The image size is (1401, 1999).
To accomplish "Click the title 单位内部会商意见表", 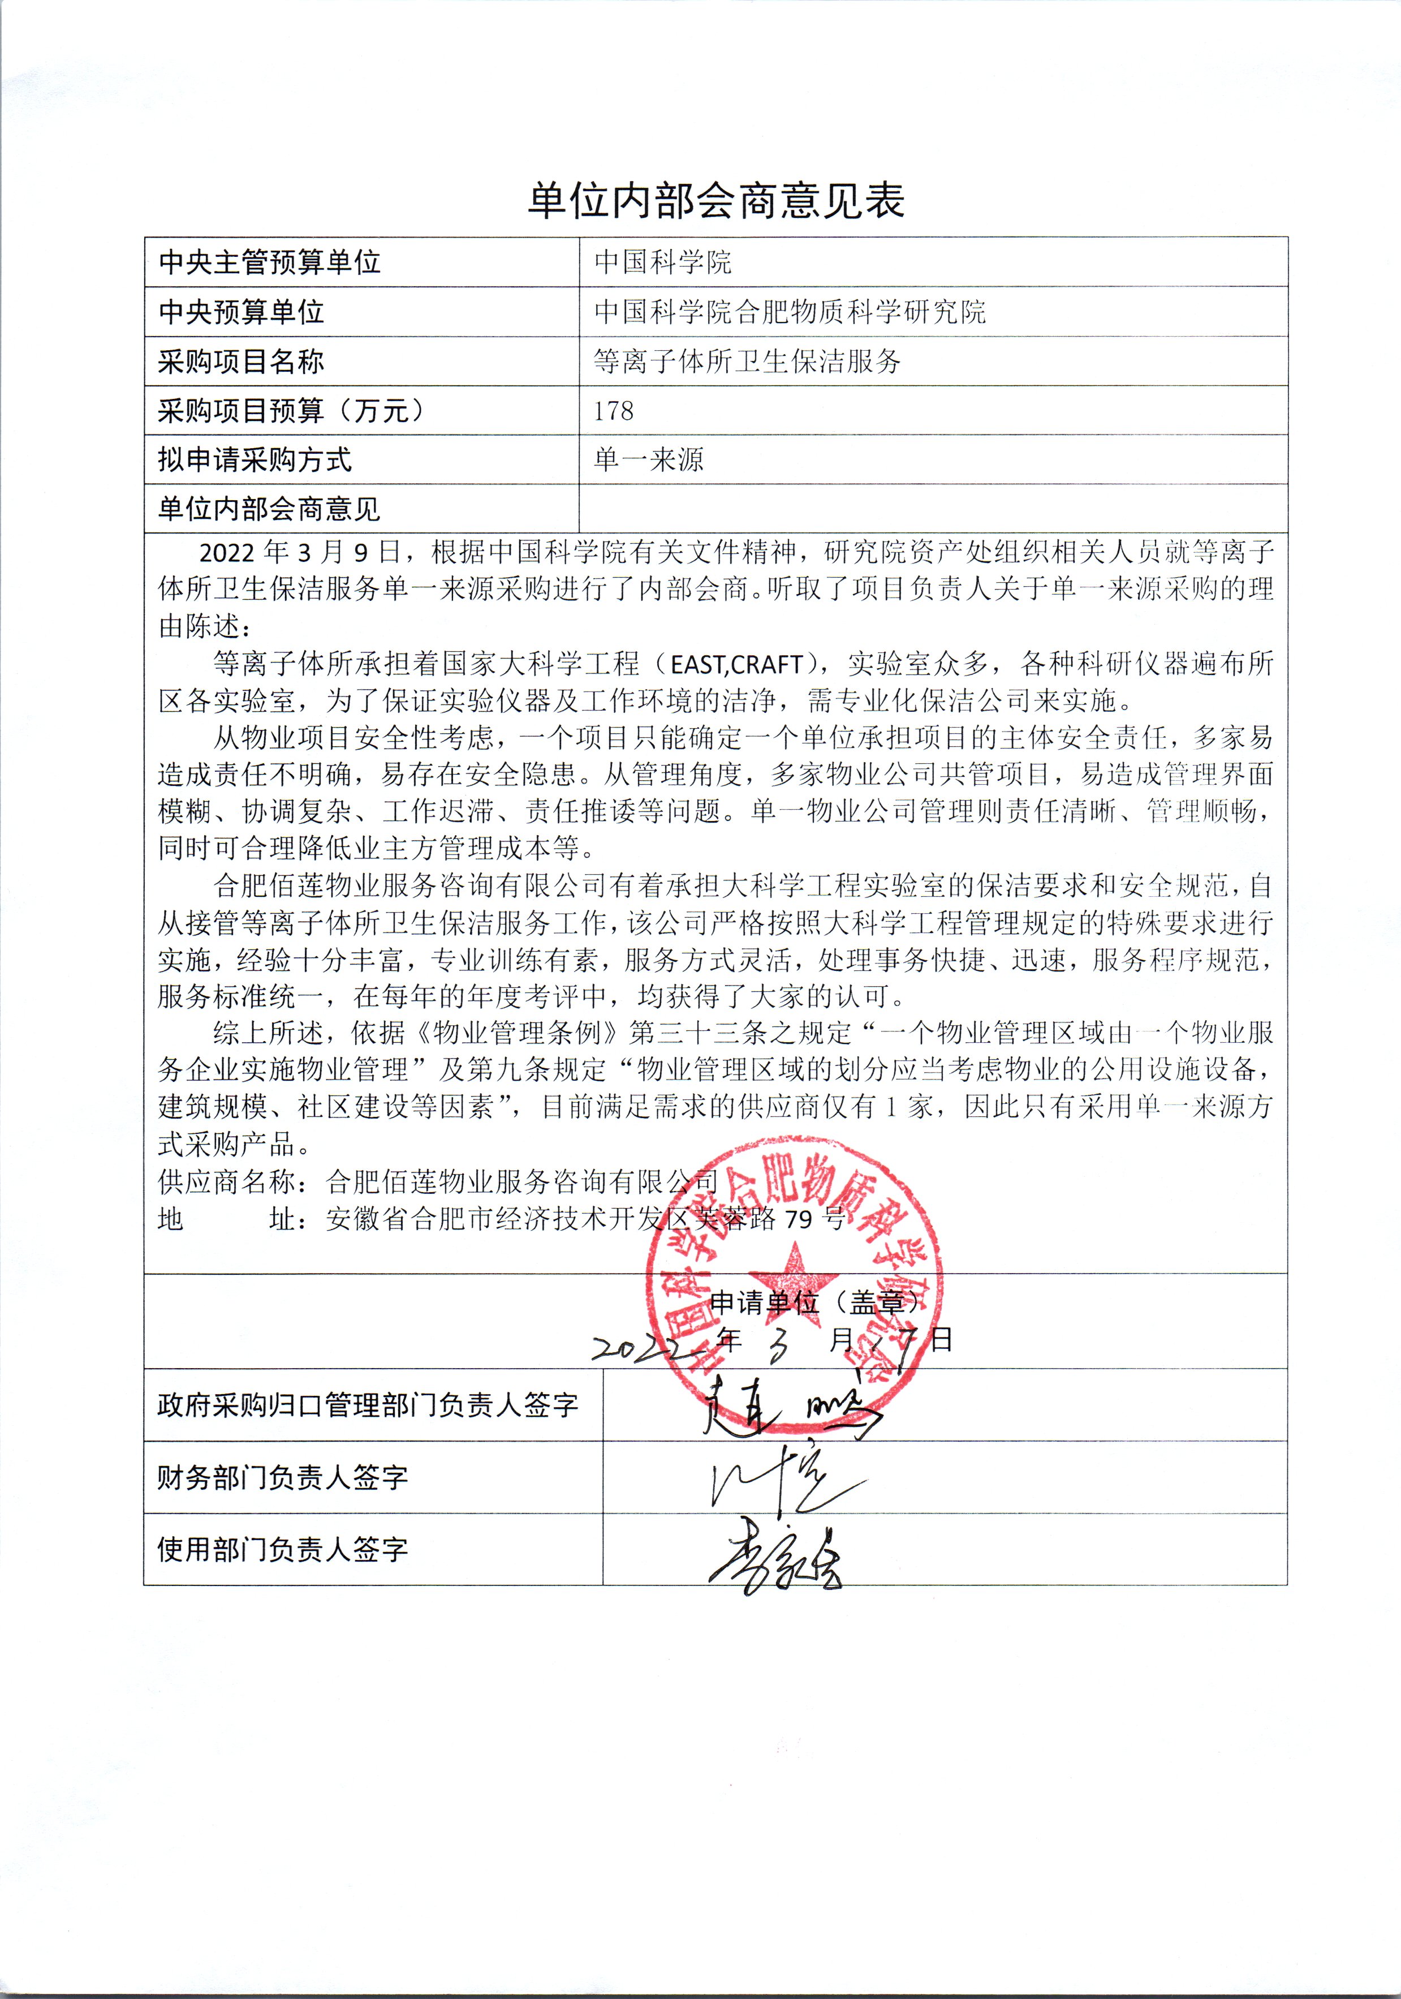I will tap(716, 201).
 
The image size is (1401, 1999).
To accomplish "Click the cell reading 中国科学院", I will tap(662, 262).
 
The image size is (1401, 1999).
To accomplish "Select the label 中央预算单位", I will tap(241, 312).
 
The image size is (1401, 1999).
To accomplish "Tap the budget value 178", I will tap(614, 410).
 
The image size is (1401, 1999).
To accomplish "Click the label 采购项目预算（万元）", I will tap(291, 410).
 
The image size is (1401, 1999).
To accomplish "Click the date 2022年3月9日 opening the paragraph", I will tap(300, 552).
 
